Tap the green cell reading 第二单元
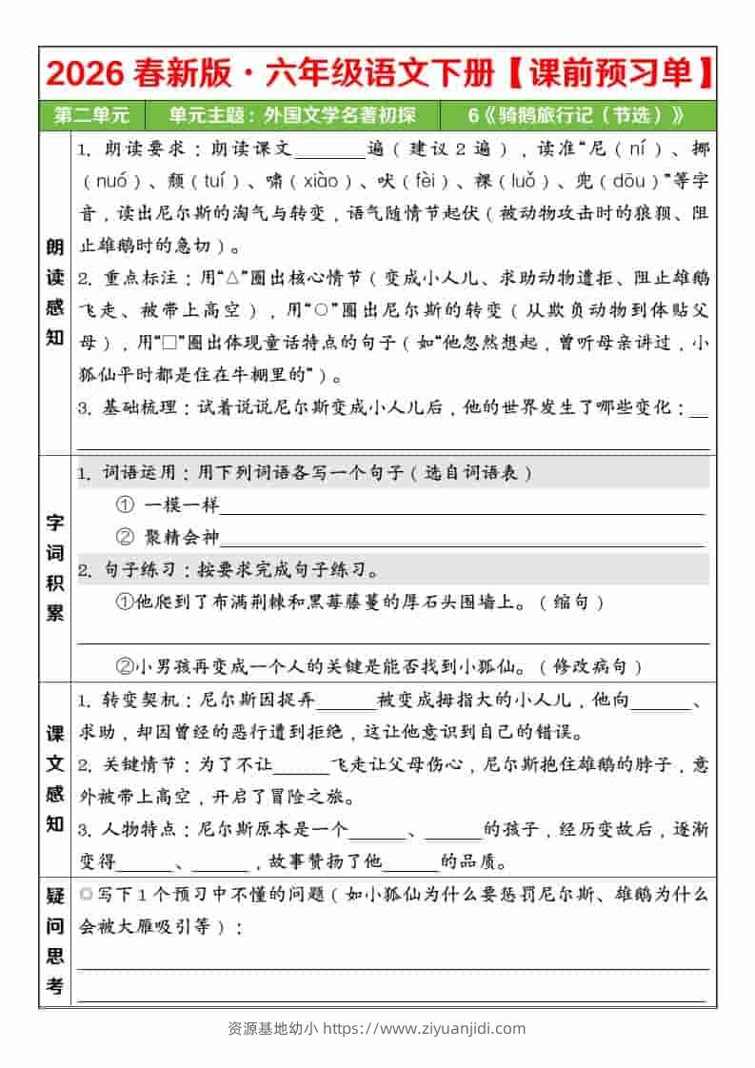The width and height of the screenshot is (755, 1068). click(x=92, y=115)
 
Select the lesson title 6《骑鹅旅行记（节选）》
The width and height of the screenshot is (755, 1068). click(x=577, y=115)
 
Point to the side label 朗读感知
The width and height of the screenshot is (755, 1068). click(x=55, y=292)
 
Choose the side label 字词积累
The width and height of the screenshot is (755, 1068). click(x=55, y=567)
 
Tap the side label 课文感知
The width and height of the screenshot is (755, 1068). click(x=55, y=778)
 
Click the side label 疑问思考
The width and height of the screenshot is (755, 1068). click(x=55, y=940)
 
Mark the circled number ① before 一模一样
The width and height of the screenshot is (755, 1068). click(x=125, y=505)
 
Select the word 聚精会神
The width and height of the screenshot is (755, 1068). click(x=181, y=538)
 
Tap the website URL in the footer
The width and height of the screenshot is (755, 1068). click(x=427, y=1028)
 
